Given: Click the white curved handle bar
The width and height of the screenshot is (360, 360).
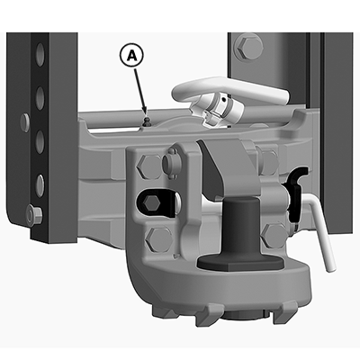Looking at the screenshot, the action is (228, 87).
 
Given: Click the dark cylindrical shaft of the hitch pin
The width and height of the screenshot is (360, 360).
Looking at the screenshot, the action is (241, 228).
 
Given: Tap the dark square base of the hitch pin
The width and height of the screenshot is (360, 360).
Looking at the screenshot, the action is (240, 264).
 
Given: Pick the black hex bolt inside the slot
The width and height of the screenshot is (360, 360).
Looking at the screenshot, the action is (152, 203).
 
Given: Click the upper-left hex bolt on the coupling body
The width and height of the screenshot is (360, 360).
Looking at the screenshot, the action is (150, 166).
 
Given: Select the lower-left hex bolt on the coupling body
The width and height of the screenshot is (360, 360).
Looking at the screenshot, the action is (158, 239).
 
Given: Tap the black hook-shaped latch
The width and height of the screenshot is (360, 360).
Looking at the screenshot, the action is (296, 196).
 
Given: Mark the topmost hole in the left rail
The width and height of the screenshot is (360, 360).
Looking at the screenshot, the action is (40, 53).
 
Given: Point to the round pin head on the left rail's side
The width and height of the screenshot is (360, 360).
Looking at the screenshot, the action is (25, 122).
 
